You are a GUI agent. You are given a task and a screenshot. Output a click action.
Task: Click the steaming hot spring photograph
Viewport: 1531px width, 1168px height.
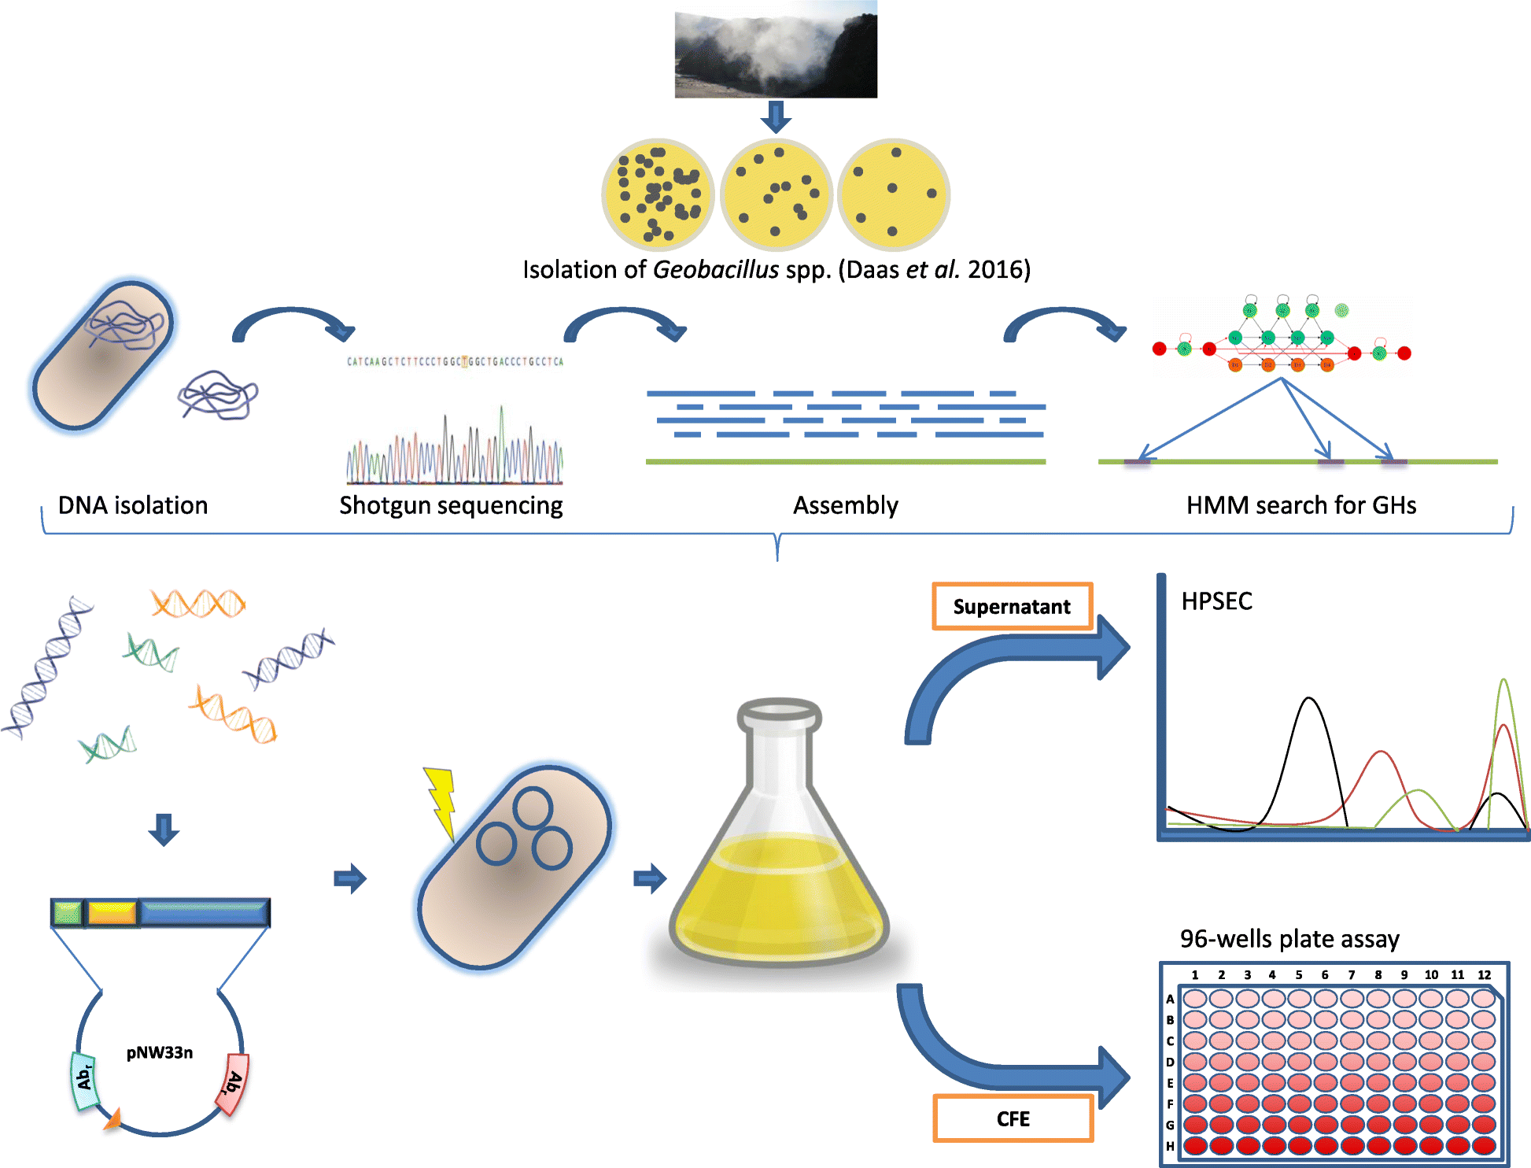click(775, 49)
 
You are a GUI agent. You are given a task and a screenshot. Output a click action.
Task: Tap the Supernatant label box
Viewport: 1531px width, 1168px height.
click(1012, 606)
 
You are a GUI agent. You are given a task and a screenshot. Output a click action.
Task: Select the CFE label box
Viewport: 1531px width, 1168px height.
click(1013, 1118)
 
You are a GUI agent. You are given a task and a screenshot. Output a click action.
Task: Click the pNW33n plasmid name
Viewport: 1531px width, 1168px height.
click(160, 1052)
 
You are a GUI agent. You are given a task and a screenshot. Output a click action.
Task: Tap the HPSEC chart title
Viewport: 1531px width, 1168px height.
click(1216, 601)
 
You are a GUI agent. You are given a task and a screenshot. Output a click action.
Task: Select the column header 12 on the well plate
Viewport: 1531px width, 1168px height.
click(1484, 974)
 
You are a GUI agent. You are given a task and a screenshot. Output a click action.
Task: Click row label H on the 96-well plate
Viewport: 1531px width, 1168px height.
click(1170, 1146)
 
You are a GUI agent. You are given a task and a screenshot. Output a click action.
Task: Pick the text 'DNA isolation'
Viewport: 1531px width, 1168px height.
click(133, 505)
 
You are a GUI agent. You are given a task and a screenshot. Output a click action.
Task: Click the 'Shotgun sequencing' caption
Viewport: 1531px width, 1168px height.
click(451, 505)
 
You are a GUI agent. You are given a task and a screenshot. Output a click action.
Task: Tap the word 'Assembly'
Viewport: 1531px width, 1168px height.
click(846, 505)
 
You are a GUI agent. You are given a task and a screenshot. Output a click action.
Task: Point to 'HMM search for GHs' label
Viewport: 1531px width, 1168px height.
click(1301, 505)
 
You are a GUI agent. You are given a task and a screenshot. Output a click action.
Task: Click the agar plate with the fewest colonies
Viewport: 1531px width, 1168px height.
click(894, 193)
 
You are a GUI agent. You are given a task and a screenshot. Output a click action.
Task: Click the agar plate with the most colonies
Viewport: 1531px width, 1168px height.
click(657, 193)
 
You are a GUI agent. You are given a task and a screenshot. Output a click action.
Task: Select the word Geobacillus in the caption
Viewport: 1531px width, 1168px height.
click(716, 269)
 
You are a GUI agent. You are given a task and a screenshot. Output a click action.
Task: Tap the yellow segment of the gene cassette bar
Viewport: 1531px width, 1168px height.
click(112, 913)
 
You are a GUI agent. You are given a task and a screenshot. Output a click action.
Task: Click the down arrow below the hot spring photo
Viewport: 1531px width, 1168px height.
click(776, 117)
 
